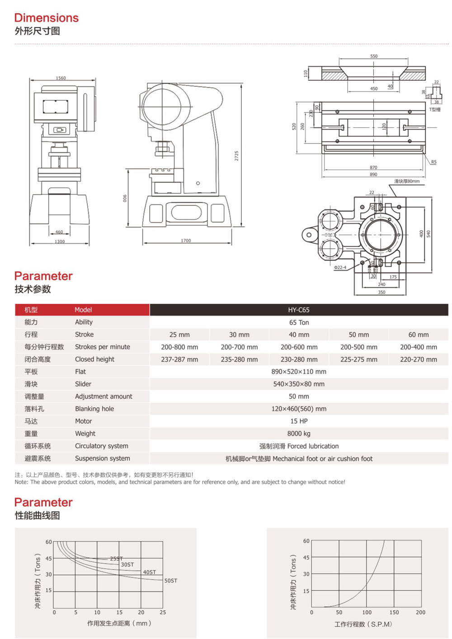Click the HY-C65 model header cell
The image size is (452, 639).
(x=299, y=310)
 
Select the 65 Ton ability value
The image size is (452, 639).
(x=299, y=322)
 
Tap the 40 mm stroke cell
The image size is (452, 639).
(x=299, y=335)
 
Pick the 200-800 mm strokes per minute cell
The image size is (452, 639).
(x=179, y=347)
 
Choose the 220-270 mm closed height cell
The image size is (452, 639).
(x=418, y=359)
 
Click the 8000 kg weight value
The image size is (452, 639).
(x=299, y=434)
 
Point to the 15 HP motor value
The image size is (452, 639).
(x=299, y=421)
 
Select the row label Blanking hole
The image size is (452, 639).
(x=94, y=409)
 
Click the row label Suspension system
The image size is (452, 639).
(x=102, y=458)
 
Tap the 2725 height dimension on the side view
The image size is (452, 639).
(x=236, y=156)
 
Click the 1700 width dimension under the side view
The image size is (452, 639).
(x=186, y=241)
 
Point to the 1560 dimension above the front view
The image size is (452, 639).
(x=61, y=78)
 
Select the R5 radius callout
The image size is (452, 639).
(x=433, y=162)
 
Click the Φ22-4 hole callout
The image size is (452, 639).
(x=340, y=267)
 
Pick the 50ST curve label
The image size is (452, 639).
(x=170, y=581)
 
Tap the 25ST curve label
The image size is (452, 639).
(x=116, y=559)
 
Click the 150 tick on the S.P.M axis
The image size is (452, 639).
(x=394, y=612)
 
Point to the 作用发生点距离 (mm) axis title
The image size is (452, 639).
(x=119, y=623)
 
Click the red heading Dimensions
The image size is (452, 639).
(x=46, y=18)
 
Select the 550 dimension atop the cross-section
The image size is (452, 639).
(x=374, y=56)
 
